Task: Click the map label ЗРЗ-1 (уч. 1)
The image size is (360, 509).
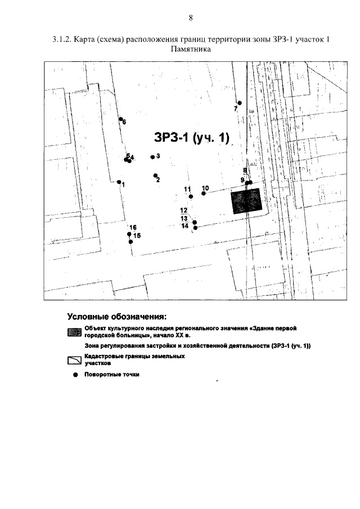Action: [192, 138]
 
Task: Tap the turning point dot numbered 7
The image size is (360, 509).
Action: [239, 103]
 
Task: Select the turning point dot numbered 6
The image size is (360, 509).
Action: [121, 119]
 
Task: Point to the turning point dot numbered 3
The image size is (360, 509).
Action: [152, 157]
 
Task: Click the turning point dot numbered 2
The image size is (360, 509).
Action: [155, 175]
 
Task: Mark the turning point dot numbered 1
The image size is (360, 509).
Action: [119, 182]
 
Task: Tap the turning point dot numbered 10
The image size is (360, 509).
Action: [204, 193]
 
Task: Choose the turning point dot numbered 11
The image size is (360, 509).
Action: [191, 196]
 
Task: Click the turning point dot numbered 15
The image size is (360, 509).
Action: [130, 241]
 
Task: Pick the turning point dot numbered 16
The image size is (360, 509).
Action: [129, 234]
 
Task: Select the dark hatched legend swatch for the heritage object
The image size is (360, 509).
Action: [74, 331]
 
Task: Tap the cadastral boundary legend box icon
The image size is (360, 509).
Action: [74, 360]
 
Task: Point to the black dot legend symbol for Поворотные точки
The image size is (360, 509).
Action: [74, 375]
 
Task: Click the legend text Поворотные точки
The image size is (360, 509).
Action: [111, 375]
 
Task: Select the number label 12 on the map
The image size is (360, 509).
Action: [184, 210]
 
